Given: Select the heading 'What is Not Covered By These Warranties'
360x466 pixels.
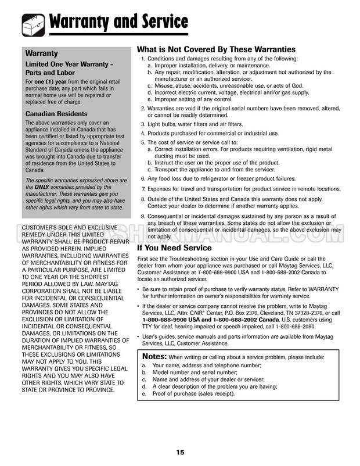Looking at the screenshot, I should [x=215, y=49].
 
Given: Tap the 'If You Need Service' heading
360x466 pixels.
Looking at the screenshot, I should [x=174, y=248].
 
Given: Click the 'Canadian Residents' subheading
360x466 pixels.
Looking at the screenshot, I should [x=56, y=114].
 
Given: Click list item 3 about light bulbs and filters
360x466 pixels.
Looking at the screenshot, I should [x=186, y=124].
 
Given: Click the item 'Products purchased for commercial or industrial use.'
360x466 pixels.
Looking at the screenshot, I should [x=213, y=133].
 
